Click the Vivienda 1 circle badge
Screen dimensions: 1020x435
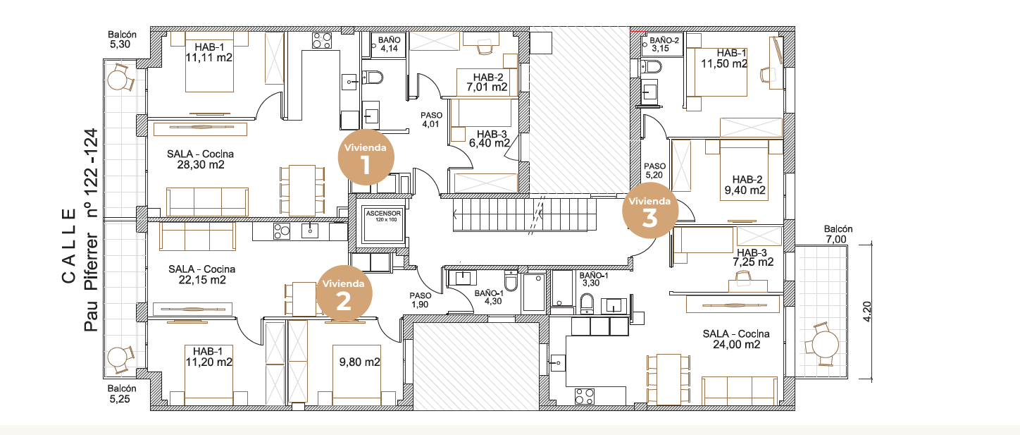(x=366, y=157)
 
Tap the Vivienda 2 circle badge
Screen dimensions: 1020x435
(x=344, y=293)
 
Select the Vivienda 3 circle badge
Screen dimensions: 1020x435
(x=650, y=211)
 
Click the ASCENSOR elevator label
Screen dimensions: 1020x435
(x=383, y=214)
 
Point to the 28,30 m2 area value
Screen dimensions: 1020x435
(x=201, y=165)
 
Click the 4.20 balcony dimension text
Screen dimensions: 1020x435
(x=867, y=312)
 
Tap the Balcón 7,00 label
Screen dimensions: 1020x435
(x=838, y=234)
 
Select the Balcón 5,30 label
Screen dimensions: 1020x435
(x=122, y=39)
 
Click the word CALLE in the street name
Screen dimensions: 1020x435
(x=69, y=246)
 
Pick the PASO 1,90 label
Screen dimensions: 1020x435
(x=421, y=300)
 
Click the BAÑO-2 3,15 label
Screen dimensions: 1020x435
(x=664, y=44)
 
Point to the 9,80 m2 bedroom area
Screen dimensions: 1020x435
(x=360, y=362)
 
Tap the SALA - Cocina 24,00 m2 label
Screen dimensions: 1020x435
(x=736, y=339)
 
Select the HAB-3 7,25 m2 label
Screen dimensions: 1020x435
(x=753, y=257)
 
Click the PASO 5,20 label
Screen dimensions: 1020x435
(x=654, y=171)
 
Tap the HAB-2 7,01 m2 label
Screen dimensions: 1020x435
(x=487, y=82)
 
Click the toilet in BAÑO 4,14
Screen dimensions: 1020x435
(x=373, y=77)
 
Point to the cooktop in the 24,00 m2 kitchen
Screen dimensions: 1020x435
(x=585, y=396)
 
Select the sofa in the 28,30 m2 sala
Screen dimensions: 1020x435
(x=208, y=202)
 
